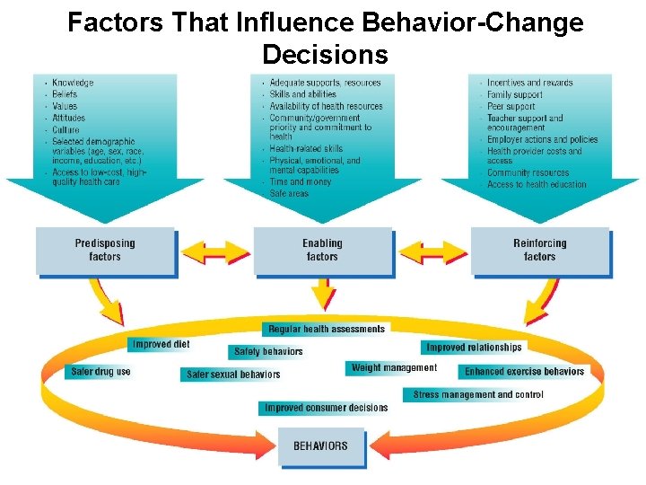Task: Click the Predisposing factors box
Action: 105,250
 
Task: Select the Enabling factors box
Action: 322,250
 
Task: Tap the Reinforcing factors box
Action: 539,250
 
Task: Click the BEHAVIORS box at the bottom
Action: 321,446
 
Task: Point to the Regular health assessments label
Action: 326,330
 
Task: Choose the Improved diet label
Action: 161,344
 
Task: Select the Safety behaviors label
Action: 268,352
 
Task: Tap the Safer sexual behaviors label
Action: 233,375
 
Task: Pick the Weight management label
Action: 394,367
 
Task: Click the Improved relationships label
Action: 474,348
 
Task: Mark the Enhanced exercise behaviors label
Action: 524,372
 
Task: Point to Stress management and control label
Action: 477,395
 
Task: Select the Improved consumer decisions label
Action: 326,408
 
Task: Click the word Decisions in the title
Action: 325,56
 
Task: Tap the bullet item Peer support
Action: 511,106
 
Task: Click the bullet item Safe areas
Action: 289,193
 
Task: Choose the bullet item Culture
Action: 65,129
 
